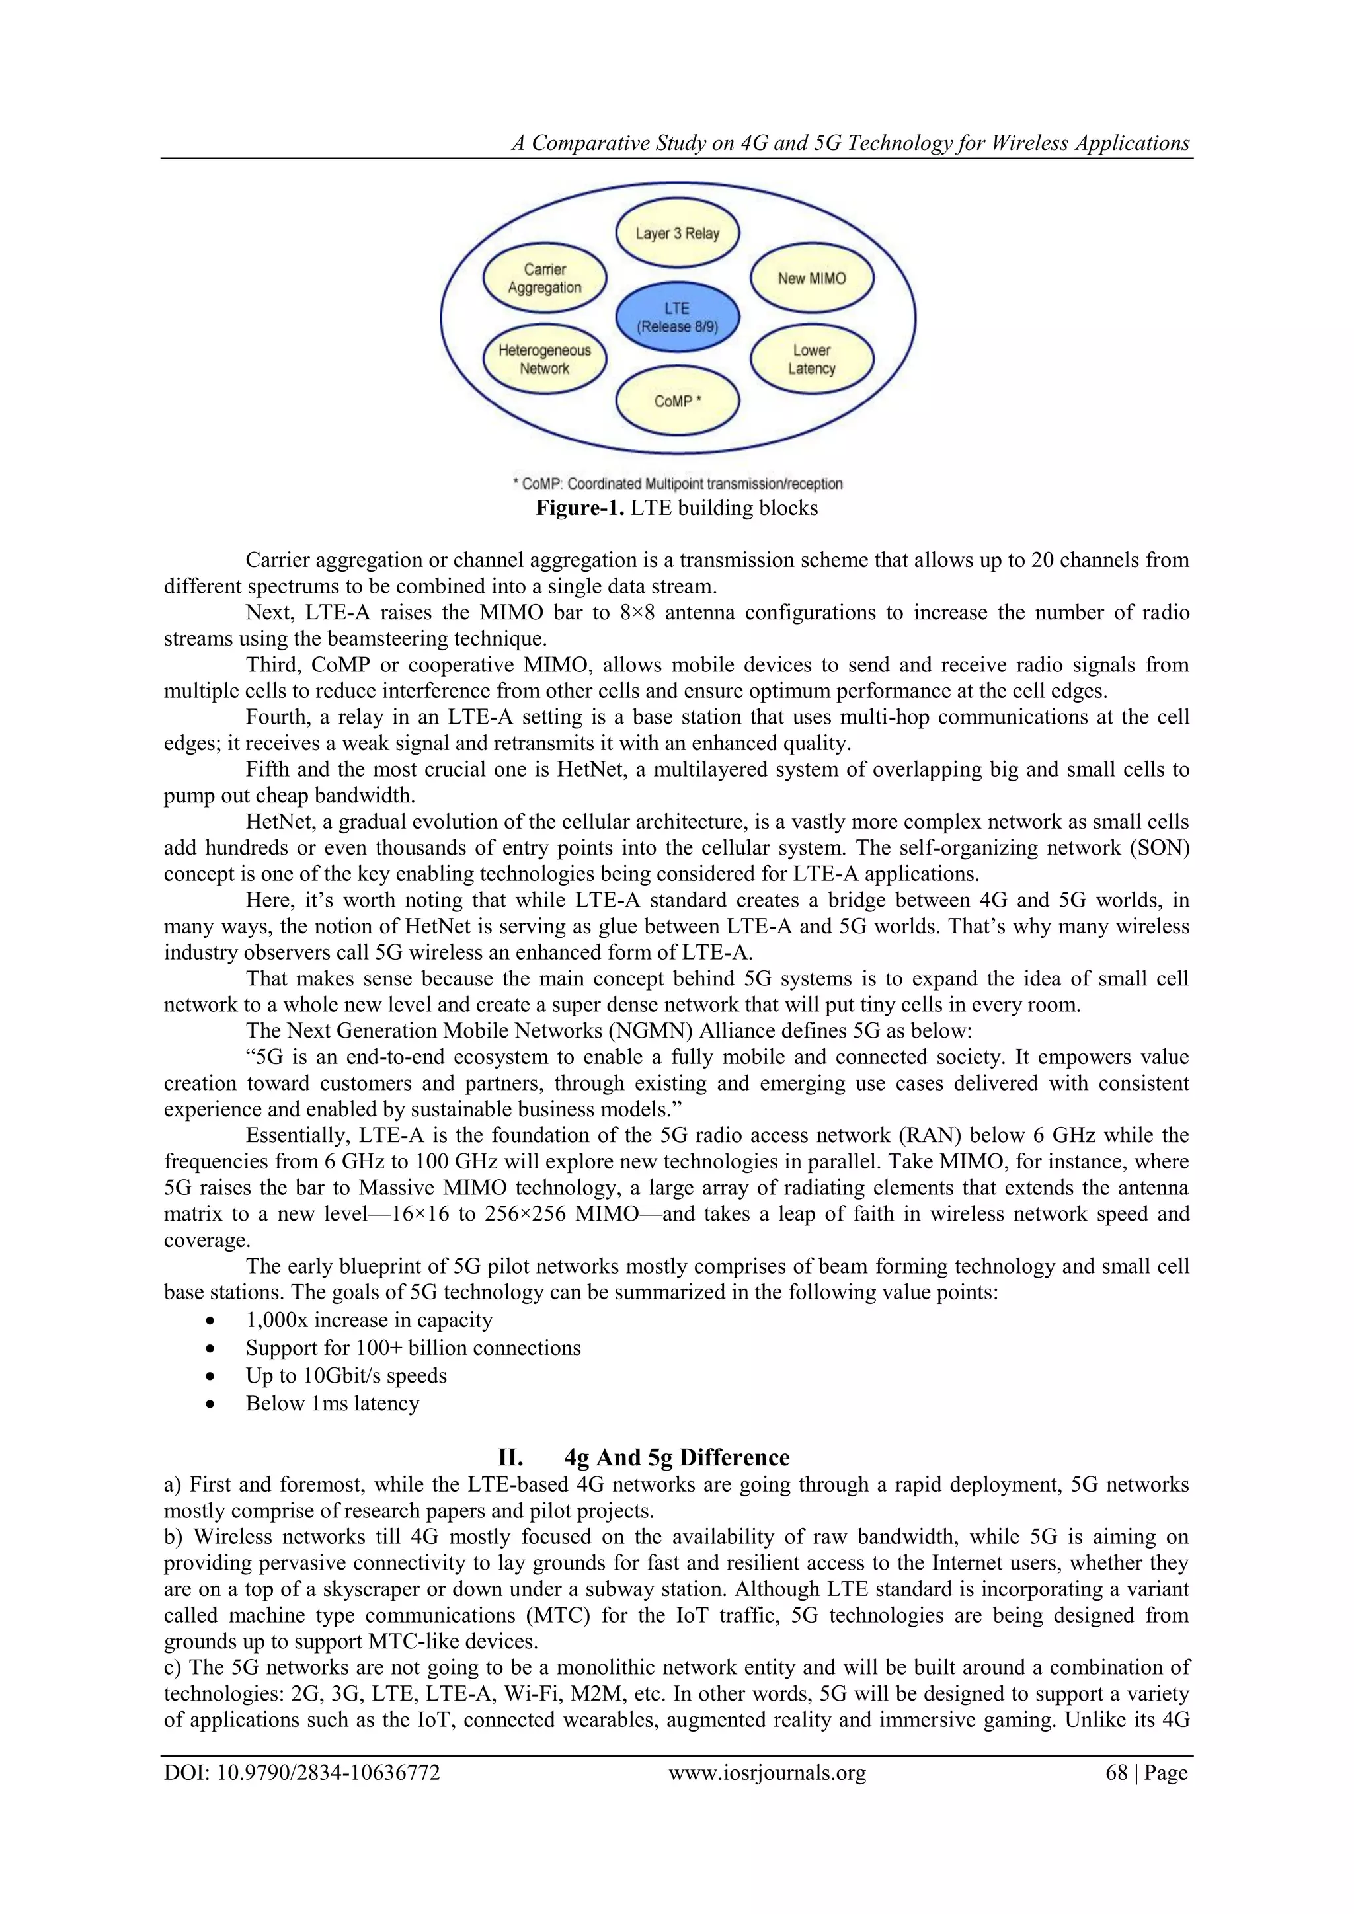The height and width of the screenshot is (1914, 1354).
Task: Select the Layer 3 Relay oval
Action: click(677, 233)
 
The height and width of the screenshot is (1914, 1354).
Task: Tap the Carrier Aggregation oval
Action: click(544, 278)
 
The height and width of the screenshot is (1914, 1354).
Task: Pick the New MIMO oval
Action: click(811, 278)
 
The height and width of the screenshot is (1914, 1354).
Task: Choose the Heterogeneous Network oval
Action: click(544, 360)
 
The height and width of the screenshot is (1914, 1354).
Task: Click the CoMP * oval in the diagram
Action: click(677, 401)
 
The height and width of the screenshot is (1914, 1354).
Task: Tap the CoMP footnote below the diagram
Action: click(677, 484)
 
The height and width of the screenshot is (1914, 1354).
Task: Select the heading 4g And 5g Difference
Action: click(676, 1457)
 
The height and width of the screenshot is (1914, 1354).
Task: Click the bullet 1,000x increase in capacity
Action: click(368, 1321)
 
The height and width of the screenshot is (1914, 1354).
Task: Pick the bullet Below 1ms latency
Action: click(332, 1404)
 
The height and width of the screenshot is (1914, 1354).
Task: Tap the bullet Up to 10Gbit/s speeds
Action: click(346, 1375)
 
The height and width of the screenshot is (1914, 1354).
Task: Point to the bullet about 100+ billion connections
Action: click(413, 1348)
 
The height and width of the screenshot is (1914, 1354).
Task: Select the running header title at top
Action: click(850, 143)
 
